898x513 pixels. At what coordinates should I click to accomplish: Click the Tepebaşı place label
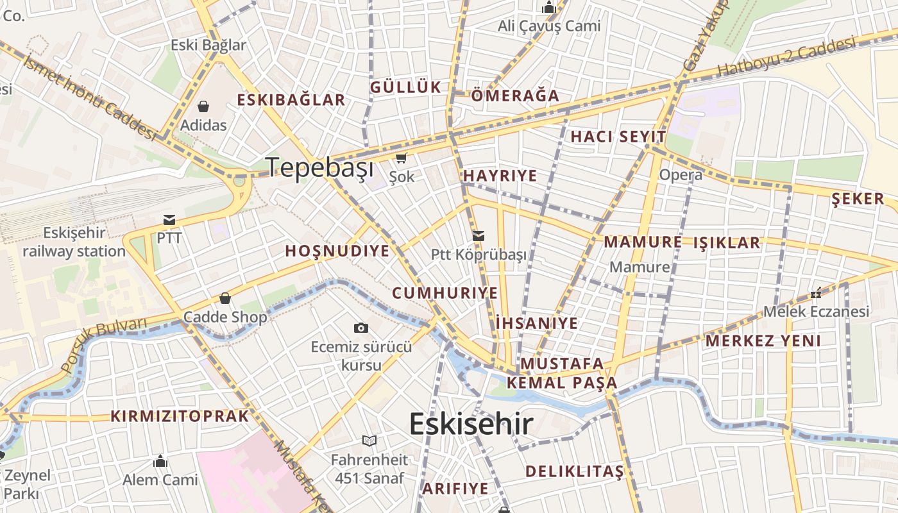pos(319,167)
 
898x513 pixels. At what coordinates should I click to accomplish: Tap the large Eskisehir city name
pos(471,424)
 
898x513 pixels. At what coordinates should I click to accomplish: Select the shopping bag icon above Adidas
pos(203,106)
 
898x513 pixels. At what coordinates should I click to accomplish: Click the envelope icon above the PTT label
pos(169,220)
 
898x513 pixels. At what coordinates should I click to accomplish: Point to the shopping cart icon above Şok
pos(402,158)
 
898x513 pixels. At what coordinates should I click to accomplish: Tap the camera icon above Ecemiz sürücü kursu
pos(361,328)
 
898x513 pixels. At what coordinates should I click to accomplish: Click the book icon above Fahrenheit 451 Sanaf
pos(369,441)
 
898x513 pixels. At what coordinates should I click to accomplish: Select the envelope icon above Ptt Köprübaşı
pos(479,235)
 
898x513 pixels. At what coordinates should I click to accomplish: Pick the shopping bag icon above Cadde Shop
pos(225,298)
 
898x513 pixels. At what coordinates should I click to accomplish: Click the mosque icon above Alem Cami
pos(160,461)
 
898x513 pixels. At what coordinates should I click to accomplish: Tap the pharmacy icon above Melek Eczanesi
pos(816,293)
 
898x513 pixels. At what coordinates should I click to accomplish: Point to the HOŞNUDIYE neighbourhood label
pos(337,251)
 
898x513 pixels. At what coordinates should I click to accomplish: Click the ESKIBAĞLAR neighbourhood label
pos(291,99)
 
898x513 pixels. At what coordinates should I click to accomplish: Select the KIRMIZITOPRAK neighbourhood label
pos(180,416)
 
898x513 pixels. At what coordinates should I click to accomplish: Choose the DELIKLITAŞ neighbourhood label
pos(574,472)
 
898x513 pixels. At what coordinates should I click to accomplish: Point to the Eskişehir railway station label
pos(74,242)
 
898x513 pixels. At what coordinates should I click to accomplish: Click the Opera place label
pos(681,174)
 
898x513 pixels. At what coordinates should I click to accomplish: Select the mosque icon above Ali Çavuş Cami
pos(549,8)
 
